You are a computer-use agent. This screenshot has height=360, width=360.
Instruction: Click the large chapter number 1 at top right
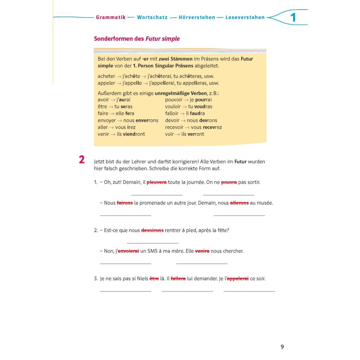click(x=293, y=18)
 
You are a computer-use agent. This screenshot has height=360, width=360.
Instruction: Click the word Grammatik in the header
click(x=111, y=17)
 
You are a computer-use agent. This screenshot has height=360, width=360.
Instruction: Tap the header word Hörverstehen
click(x=197, y=17)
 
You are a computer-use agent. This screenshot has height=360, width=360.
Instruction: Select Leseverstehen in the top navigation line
click(x=245, y=17)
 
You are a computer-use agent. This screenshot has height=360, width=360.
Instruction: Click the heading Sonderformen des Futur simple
click(x=137, y=39)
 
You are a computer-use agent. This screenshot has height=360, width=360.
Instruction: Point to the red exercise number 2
click(x=82, y=160)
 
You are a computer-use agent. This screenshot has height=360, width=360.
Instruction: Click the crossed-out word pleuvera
click(x=156, y=182)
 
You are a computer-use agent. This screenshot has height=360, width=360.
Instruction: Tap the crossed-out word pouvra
click(x=229, y=182)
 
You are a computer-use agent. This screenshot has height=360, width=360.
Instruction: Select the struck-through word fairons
click(x=125, y=203)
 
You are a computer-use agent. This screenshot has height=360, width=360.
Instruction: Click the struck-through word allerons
click(x=239, y=203)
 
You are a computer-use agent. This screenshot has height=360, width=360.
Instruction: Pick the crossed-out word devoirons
click(x=152, y=230)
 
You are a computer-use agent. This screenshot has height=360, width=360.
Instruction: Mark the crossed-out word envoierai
click(x=128, y=251)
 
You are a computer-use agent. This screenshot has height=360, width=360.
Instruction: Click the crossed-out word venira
click(x=202, y=251)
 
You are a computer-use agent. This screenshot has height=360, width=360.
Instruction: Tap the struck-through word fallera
click(x=178, y=278)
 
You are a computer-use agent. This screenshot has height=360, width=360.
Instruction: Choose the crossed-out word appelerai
click(x=238, y=278)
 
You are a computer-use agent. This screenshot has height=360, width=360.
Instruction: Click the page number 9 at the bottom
click(x=282, y=347)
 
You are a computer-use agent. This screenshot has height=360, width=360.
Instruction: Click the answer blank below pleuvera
click(x=157, y=194)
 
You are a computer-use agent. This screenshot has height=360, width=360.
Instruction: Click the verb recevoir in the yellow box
click(x=174, y=127)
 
